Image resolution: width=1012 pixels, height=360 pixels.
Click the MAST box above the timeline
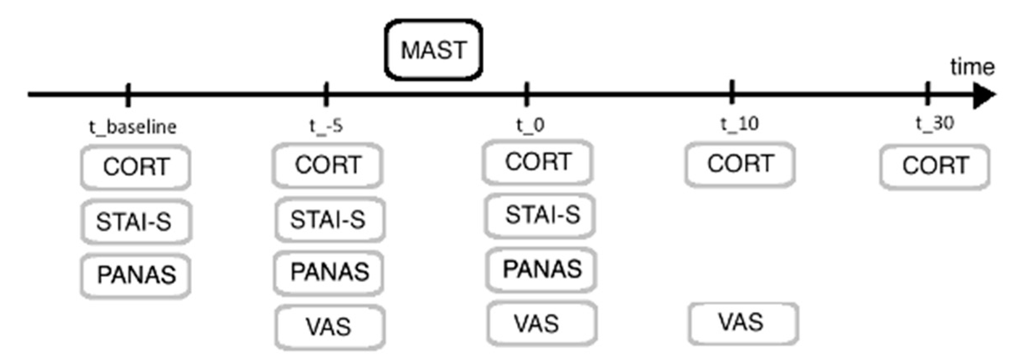pyautogui.click(x=433, y=50)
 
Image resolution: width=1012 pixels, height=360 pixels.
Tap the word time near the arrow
pyautogui.click(x=972, y=67)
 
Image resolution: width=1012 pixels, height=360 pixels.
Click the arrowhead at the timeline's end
pyautogui.click(x=984, y=95)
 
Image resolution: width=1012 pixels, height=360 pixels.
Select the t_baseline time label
pyautogui.click(x=133, y=126)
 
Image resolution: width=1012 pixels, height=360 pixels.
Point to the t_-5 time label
pyautogui.click(x=326, y=125)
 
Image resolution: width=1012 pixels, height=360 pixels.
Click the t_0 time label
pyautogui.click(x=530, y=124)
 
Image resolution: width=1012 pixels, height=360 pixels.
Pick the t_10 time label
pyautogui.click(x=740, y=123)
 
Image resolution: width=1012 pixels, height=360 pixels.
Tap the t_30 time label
pyautogui.click(x=935, y=123)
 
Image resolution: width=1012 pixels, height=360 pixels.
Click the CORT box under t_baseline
pyautogui.click(x=136, y=167)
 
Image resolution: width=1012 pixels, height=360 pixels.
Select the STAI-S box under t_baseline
pyautogui.click(x=136, y=222)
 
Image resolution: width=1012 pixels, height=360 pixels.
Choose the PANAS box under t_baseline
pyautogui.click(x=136, y=275)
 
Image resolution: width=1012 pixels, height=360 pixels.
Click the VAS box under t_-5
pyautogui.click(x=329, y=327)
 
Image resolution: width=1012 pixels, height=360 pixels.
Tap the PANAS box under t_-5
pyautogui.click(x=329, y=272)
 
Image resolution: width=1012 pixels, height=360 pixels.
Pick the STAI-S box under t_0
pyautogui.click(x=540, y=216)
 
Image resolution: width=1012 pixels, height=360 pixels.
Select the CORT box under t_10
pyautogui.click(x=740, y=164)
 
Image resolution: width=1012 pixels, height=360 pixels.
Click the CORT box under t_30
pyautogui.click(x=935, y=166)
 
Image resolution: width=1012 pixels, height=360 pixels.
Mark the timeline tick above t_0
pyautogui.click(x=527, y=94)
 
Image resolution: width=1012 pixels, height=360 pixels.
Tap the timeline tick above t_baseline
pyautogui.click(x=128, y=95)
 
